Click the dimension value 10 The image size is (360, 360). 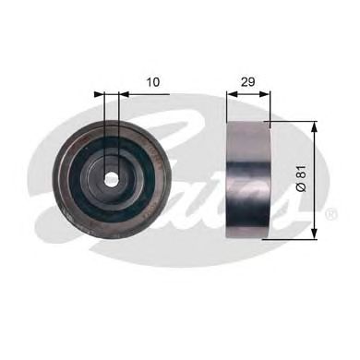153,82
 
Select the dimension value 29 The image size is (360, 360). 246,82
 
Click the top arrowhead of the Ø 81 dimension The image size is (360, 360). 317,126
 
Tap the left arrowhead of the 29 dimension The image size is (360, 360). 231,93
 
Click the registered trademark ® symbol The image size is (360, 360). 330,214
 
